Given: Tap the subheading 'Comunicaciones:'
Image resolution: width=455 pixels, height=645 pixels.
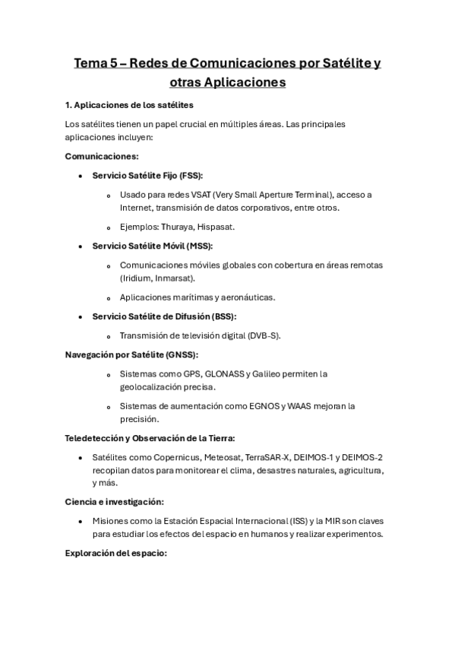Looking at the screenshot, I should pyautogui.click(x=102, y=156).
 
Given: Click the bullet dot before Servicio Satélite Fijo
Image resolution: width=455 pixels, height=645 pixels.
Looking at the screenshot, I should pyautogui.click(x=81, y=175).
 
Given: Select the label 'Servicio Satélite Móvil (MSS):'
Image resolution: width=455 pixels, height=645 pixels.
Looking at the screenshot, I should pyautogui.click(x=152, y=246).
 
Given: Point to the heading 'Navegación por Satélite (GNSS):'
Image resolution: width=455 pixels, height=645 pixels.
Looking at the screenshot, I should pyautogui.click(x=131, y=354).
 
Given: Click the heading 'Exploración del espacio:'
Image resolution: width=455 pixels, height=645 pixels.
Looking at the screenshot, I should pyautogui.click(x=115, y=553).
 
